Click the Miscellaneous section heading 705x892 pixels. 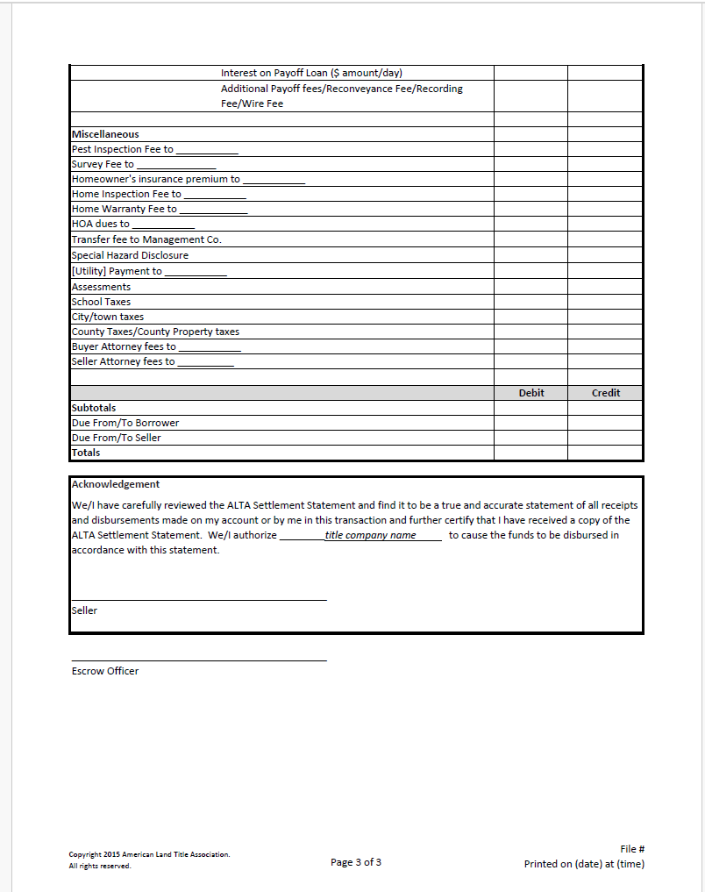coord(105,134)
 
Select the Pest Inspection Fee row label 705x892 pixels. coord(123,149)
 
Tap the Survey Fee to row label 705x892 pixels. coord(103,164)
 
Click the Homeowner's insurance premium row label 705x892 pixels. coord(155,179)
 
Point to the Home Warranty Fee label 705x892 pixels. coord(124,209)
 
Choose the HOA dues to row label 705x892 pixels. coord(100,224)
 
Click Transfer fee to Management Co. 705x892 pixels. coord(146,239)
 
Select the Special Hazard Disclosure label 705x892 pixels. coord(130,255)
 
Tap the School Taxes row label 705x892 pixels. coord(101,302)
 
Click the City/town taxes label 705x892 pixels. coord(108,317)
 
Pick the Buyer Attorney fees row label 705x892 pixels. coord(124,346)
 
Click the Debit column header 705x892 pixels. coord(531,393)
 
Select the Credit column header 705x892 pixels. coord(605,393)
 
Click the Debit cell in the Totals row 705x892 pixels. coord(531,453)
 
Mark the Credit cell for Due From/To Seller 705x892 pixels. coord(605,438)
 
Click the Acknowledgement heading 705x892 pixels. coord(116,484)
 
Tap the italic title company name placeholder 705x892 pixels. coord(370,535)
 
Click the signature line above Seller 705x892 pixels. coord(198,600)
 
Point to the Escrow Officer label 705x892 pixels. coord(105,671)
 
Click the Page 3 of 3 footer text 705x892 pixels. coord(356,862)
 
